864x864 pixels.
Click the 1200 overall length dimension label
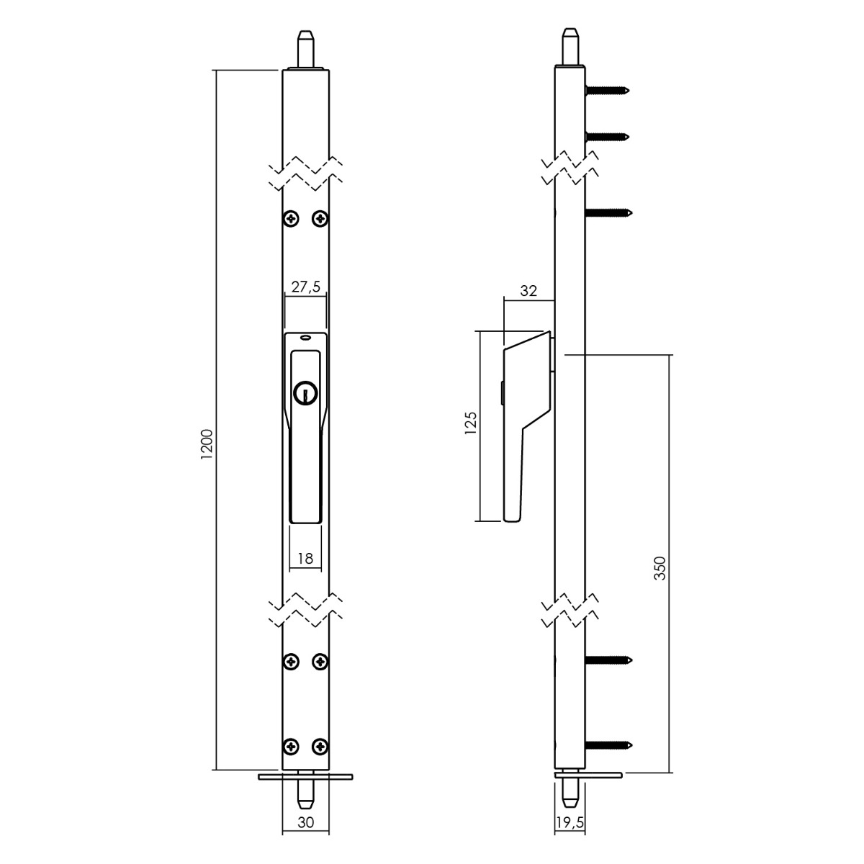(207, 444)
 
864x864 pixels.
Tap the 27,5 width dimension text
(306, 287)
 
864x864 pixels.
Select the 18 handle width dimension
(305, 558)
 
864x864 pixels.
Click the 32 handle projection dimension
(528, 291)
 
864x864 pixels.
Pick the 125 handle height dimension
(470, 423)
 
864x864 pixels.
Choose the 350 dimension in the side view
(660, 568)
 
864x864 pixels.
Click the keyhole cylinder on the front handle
(305, 393)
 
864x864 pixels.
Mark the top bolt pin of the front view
(306, 50)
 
